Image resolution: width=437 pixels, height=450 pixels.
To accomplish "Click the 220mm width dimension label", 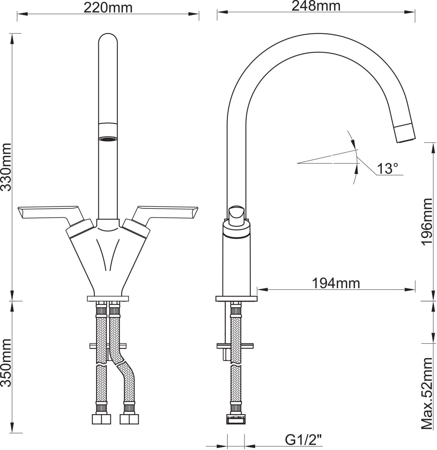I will point(108,8).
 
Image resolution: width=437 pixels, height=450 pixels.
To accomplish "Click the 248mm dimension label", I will point(316,6).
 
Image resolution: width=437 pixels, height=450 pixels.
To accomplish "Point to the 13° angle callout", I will point(387,168).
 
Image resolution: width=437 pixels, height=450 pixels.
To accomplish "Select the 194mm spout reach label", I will point(336,283).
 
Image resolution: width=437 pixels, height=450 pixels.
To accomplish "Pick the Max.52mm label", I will point(427,394).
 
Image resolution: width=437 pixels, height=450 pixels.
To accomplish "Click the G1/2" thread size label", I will point(303,440).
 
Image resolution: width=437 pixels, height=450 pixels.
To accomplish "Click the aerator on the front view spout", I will point(108,139).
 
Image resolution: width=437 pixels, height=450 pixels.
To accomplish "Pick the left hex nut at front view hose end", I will point(101,419).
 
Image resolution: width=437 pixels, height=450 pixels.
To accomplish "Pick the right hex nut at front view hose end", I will point(129,419).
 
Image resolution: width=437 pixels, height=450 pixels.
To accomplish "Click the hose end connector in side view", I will point(236,419).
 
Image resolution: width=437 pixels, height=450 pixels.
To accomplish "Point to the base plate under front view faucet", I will point(108,298).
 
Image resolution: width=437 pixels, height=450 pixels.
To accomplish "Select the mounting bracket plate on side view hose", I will point(235,346).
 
